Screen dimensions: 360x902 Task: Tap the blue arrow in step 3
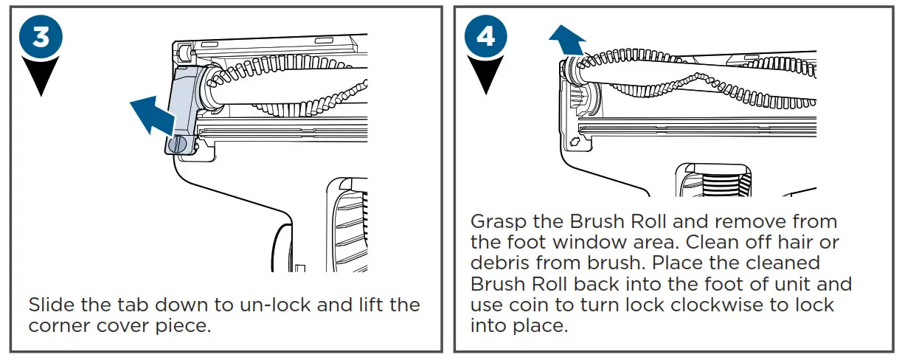point(150,115)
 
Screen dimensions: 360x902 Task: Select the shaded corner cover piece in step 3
point(182,104)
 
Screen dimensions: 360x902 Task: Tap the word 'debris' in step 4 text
point(499,263)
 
